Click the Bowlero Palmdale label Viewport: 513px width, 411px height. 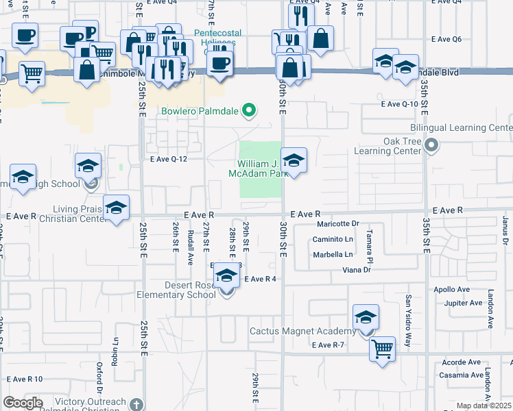201,111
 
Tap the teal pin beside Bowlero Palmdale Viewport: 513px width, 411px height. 250,110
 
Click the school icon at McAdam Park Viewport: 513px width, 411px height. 294,162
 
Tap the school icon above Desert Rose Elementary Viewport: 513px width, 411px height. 226,277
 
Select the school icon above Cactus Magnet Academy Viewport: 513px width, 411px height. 366,318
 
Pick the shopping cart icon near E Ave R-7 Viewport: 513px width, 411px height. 383,348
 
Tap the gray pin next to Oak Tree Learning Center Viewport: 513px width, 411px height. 431,145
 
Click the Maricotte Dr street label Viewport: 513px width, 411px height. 337,223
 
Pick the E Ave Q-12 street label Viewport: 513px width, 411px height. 169,159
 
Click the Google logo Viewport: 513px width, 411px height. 23,402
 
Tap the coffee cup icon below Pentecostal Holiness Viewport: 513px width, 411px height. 219,64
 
